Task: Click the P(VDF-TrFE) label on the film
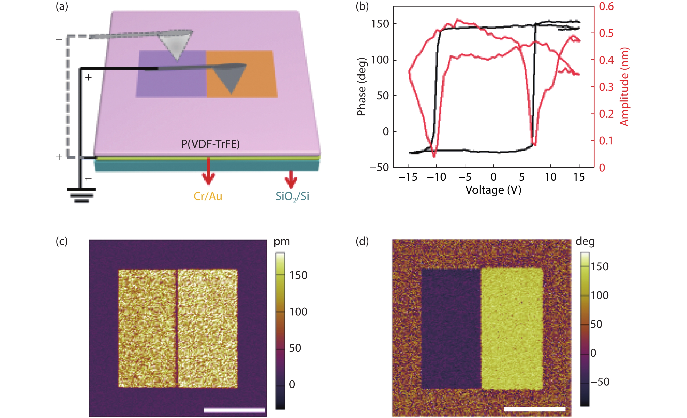(x=210, y=144)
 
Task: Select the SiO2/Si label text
(x=292, y=197)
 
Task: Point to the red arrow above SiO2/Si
(x=291, y=179)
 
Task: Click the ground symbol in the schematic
(x=81, y=195)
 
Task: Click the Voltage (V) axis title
(x=493, y=190)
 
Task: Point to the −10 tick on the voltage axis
(x=436, y=177)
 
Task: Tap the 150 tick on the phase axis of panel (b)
(x=380, y=24)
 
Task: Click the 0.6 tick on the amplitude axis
(x=607, y=6)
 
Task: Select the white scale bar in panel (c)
(x=234, y=410)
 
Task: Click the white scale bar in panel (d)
(x=535, y=409)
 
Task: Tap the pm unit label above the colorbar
(x=282, y=242)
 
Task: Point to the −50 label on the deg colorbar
(x=600, y=382)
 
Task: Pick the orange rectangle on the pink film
(x=241, y=74)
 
